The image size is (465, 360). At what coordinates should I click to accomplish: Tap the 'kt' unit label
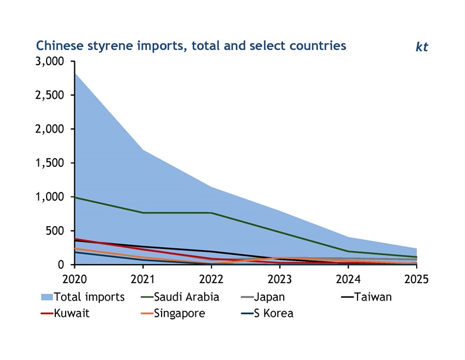(421, 47)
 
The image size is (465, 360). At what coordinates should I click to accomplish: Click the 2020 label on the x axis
(75, 279)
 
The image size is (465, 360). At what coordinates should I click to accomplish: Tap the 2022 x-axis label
(212, 279)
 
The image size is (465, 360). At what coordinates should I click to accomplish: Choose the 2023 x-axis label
(280, 279)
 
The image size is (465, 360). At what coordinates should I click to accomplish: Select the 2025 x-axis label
(416, 279)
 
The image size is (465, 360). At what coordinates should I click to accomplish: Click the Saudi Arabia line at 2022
(212, 213)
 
